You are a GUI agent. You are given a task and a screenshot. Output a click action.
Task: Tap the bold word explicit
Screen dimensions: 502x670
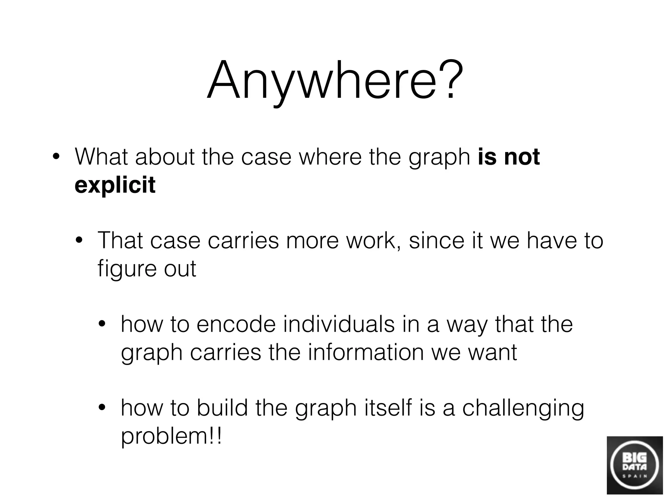115,185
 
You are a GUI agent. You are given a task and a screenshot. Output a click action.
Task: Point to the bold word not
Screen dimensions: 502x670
522,157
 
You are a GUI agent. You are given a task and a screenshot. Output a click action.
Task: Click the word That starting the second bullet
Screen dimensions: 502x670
120,241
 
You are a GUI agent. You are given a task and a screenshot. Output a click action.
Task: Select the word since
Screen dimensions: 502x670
436,241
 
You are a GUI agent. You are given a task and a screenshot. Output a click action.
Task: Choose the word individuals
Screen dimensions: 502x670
339,324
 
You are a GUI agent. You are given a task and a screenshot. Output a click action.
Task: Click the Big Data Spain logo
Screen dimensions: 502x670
635,465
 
